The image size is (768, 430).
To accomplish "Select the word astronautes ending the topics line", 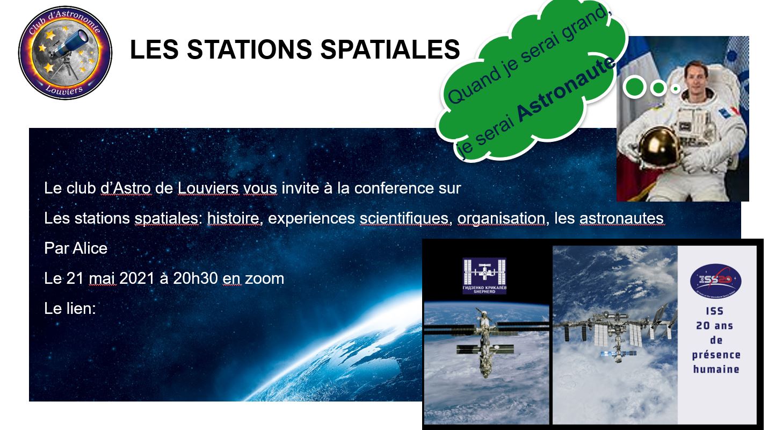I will [x=621, y=219].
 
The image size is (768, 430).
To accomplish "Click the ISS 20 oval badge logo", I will [x=716, y=279].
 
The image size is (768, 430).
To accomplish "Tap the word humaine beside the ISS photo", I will [x=716, y=369].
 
